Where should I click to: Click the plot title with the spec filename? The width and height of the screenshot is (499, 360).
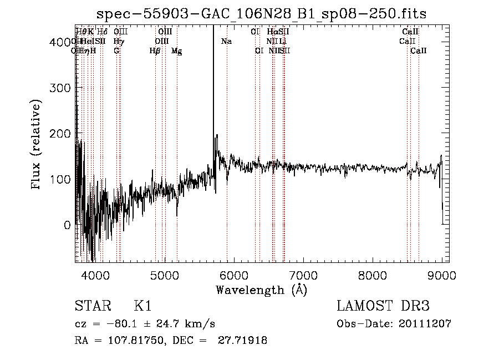point(261,14)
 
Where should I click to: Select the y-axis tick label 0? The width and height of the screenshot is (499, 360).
point(67,225)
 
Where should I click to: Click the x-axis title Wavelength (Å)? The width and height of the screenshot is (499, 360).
point(261,290)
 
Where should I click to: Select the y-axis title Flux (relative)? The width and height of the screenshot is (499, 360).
point(37,145)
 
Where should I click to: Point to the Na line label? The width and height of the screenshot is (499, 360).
point(226,42)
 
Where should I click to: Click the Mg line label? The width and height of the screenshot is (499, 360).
point(176,51)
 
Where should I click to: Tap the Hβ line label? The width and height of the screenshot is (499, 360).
point(155,51)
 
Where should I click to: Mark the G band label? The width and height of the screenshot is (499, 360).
point(116,51)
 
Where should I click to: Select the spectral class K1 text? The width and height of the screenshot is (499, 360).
point(142,307)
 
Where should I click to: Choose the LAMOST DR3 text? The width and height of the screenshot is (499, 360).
point(383,307)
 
